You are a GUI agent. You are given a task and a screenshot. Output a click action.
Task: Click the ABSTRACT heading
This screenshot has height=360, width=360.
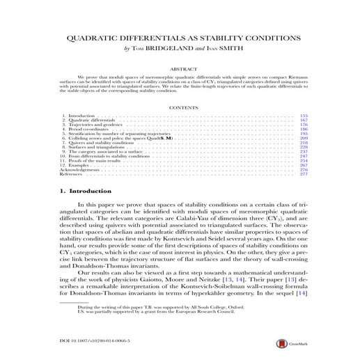pyautogui.click(x=180, y=70)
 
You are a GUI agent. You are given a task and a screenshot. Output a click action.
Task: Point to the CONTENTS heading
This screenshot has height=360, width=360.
pyautogui.click(x=180, y=107)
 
